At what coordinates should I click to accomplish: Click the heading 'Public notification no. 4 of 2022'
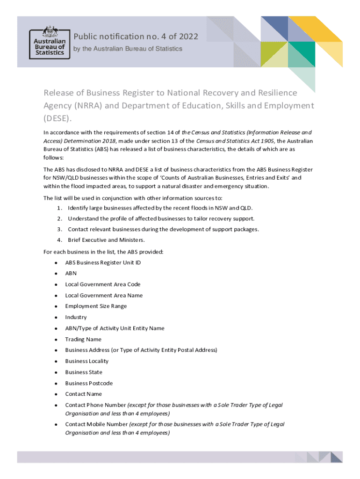point(136,36)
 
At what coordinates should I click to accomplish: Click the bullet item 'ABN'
point(71,273)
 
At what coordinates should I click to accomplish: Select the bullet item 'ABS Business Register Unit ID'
point(103,262)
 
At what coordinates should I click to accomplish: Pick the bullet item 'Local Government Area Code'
point(102,284)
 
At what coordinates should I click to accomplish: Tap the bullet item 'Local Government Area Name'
point(104,295)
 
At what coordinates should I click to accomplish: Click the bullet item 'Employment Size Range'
point(96,306)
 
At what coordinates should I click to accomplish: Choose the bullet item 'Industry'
point(76,317)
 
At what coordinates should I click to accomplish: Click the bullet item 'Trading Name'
point(83,339)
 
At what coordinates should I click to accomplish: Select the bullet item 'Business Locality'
point(86,361)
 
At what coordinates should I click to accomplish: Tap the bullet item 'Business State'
point(83,372)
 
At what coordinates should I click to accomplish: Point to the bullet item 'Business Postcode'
point(89,383)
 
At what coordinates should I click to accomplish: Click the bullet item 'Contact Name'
point(83,394)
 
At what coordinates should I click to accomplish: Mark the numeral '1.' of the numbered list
point(59,208)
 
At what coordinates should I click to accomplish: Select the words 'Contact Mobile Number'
point(96,424)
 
